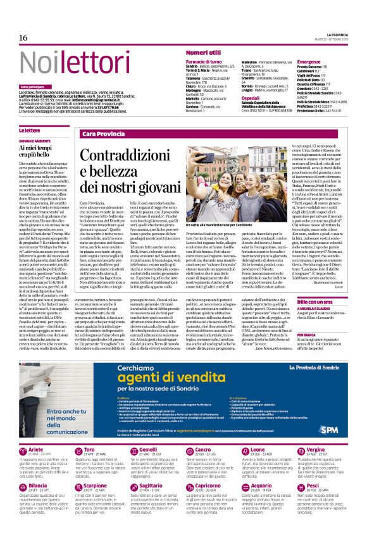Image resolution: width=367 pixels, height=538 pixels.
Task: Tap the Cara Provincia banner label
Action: tap(103, 134)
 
